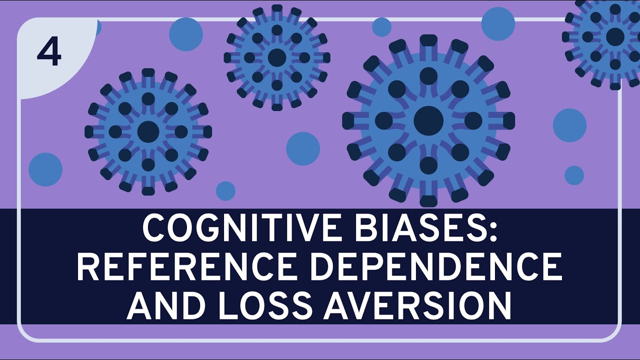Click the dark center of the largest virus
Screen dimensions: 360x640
pos(428,120)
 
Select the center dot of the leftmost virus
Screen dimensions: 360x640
pos(148,131)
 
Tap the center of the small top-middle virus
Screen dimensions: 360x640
pos(277,57)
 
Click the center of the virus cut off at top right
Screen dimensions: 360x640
pos(615,36)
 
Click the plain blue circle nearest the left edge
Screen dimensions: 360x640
pos(45,169)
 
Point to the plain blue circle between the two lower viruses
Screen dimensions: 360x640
pos(303,149)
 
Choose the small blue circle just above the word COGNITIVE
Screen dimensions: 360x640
pos(225,191)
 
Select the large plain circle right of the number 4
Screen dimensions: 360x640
pos(186,34)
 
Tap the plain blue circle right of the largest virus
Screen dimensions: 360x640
pos(569,125)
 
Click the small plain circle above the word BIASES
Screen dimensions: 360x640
pos(381,27)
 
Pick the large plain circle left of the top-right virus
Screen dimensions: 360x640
pos(498,23)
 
